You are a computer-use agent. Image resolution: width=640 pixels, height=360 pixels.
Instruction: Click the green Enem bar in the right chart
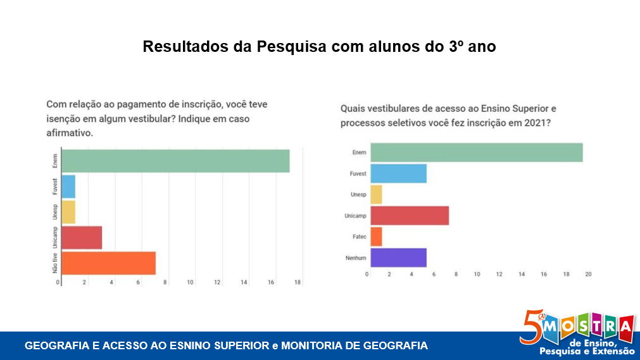coord(476,152)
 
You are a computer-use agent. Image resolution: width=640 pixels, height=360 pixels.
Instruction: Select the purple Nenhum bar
coord(398,258)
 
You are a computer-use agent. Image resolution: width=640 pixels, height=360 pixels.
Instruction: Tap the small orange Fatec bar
coord(376,237)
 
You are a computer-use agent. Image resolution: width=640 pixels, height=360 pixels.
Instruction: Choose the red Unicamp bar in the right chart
coord(410,216)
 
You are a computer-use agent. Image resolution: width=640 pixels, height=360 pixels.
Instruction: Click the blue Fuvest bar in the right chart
coord(398,173)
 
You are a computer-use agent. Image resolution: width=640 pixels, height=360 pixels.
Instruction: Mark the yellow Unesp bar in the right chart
coord(376,194)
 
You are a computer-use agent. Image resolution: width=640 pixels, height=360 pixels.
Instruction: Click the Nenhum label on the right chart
coord(356,258)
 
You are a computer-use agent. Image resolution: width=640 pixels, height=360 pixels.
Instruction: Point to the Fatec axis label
coord(359,237)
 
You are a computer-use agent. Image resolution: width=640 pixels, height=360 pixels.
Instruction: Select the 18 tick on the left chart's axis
coord(297,282)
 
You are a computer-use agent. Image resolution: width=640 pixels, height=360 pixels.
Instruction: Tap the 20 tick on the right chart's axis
coord(587,274)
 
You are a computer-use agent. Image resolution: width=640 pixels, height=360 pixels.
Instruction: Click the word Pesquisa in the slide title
coord(290,47)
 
